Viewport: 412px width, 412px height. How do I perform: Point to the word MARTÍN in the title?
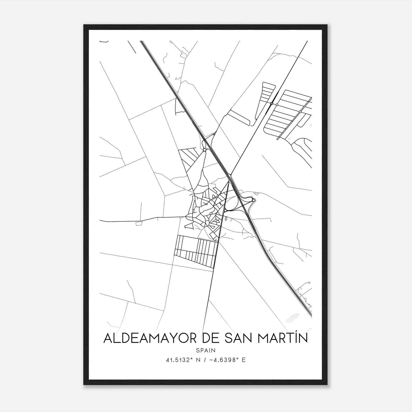pyautogui.click(x=283, y=338)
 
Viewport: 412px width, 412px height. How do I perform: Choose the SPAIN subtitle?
pyautogui.click(x=206, y=350)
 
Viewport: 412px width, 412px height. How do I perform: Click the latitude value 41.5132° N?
pyautogui.click(x=183, y=360)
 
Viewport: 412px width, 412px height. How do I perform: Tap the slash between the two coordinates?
pyautogui.click(x=205, y=360)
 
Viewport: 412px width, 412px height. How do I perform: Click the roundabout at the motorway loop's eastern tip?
pyautogui.click(x=254, y=200)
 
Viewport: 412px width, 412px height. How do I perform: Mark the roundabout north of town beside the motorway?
pyautogui.click(x=204, y=150)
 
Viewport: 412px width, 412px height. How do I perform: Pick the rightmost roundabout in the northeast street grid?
pyautogui.click(x=300, y=112)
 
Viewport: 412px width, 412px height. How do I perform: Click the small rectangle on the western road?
pyautogui.click(x=139, y=223)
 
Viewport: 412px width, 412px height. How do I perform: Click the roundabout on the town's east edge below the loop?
pyautogui.click(x=225, y=211)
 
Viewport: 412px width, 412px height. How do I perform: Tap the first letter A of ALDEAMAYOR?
pyautogui.click(x=107, y=338)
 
